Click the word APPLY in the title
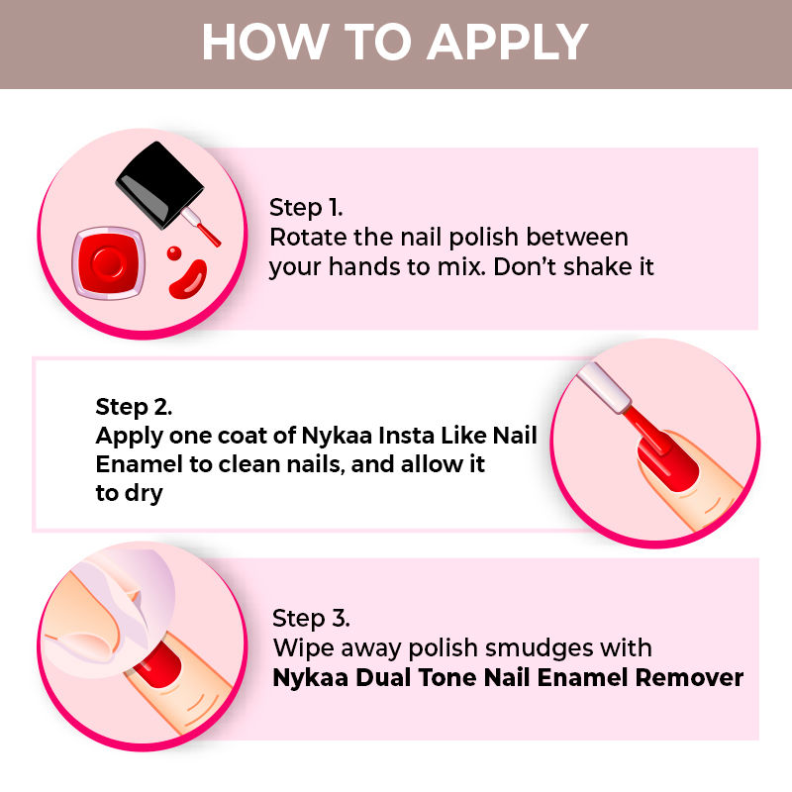click(508, 43)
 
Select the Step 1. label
click(306, 208)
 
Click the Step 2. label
click(134, 407)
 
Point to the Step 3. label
click(311, 619)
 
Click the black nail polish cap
click(159, 183)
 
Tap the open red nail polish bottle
click(109, 262)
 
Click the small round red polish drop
click(174, 253)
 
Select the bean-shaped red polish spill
click(188, 279)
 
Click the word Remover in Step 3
click(689, 678)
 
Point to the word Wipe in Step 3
click(304, 648)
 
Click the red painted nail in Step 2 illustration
click(668, 462)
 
